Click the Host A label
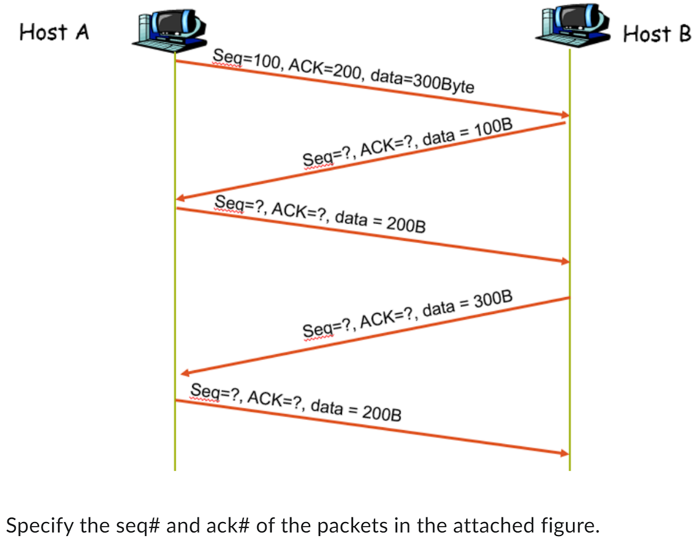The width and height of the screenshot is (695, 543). pyautogui.click(x=54, y=32)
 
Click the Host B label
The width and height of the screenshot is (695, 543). pyautogui.click(x=657, y=34)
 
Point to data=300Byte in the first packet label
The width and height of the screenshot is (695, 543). pyautogui.click(x=422, y=82)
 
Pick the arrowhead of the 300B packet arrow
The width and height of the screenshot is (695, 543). pyautogui.click(x=186, y=372)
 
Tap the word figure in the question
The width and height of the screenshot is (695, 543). pyautogui.click(x=567, y=526)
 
